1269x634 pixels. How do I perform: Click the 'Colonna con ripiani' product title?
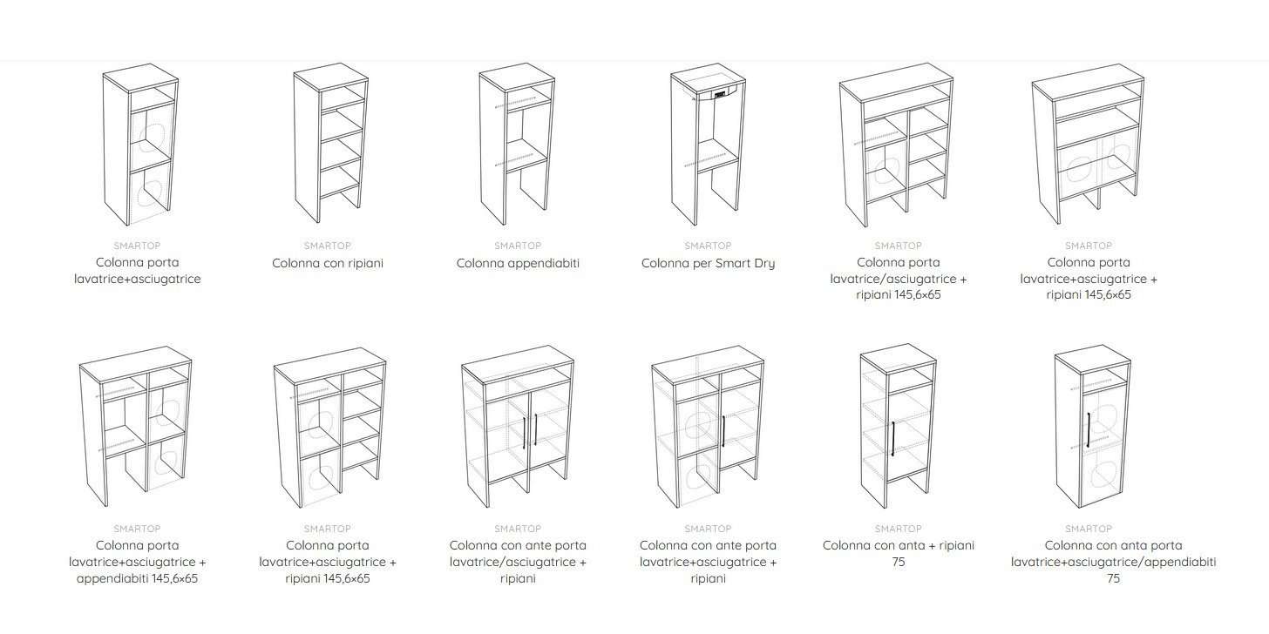point(328,263)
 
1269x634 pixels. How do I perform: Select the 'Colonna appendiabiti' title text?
point(518,263)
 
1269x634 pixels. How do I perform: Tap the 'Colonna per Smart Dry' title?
point(708,263)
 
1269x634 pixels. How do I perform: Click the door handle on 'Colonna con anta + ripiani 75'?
point(893,439)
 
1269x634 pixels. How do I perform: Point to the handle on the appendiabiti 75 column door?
point(1089,430)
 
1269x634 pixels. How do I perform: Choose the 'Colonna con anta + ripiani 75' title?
point(899,554)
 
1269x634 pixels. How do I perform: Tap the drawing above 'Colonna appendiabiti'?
point(517,144)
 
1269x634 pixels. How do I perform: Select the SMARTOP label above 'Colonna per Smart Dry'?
point(708,246)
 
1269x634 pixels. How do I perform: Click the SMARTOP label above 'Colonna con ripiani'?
point(328,246)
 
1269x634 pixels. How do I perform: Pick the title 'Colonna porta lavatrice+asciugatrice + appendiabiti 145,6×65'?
point(137,562)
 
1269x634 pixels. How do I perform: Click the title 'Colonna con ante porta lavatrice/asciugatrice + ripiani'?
point(518,562)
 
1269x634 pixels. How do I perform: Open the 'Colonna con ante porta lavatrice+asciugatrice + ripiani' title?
point(708,562)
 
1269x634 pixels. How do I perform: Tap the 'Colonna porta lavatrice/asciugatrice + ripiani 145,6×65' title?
point(899,279)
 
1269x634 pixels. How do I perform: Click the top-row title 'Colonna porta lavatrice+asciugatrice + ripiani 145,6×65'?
point(1089,279)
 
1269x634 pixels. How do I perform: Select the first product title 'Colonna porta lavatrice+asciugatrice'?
point(137,271)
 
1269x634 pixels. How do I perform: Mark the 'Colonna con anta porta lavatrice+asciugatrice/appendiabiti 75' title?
point(1114,562)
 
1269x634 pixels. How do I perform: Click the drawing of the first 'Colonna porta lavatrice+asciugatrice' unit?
point(140,145)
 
